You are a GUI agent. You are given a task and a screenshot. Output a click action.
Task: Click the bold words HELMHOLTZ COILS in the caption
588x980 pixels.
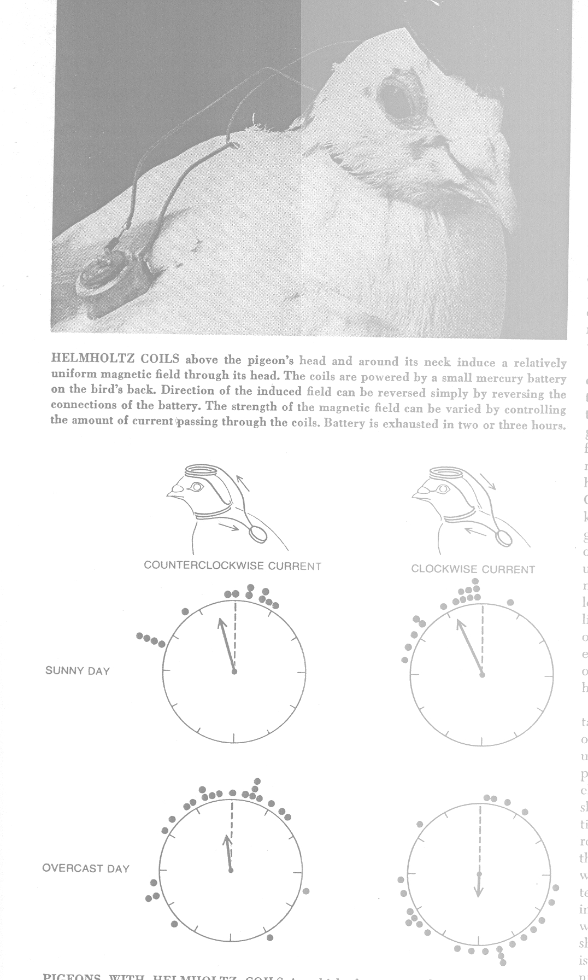pyautogui.click(x=115, y=359)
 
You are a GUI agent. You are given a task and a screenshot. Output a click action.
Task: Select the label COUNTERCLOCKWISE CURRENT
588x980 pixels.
pyautogui.click(x=232, y=566)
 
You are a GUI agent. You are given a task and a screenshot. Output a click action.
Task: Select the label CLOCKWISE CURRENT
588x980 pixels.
pyautogui.click(x=473, y=569)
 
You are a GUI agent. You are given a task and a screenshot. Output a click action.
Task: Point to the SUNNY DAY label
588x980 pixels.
pyautogui.click(x=77, y=671)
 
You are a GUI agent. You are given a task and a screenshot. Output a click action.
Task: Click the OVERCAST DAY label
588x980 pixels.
pyautogui.click(x=85, y=868)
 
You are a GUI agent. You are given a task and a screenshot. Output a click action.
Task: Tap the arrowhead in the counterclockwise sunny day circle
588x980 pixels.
pyautogui.click(x=221, y=622)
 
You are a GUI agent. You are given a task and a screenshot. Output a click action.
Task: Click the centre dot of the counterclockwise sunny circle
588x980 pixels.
pyautogui.click(x=234, y=672)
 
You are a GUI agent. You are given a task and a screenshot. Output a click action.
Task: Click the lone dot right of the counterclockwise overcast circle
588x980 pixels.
pyautogui.click(x=306, y=891)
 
